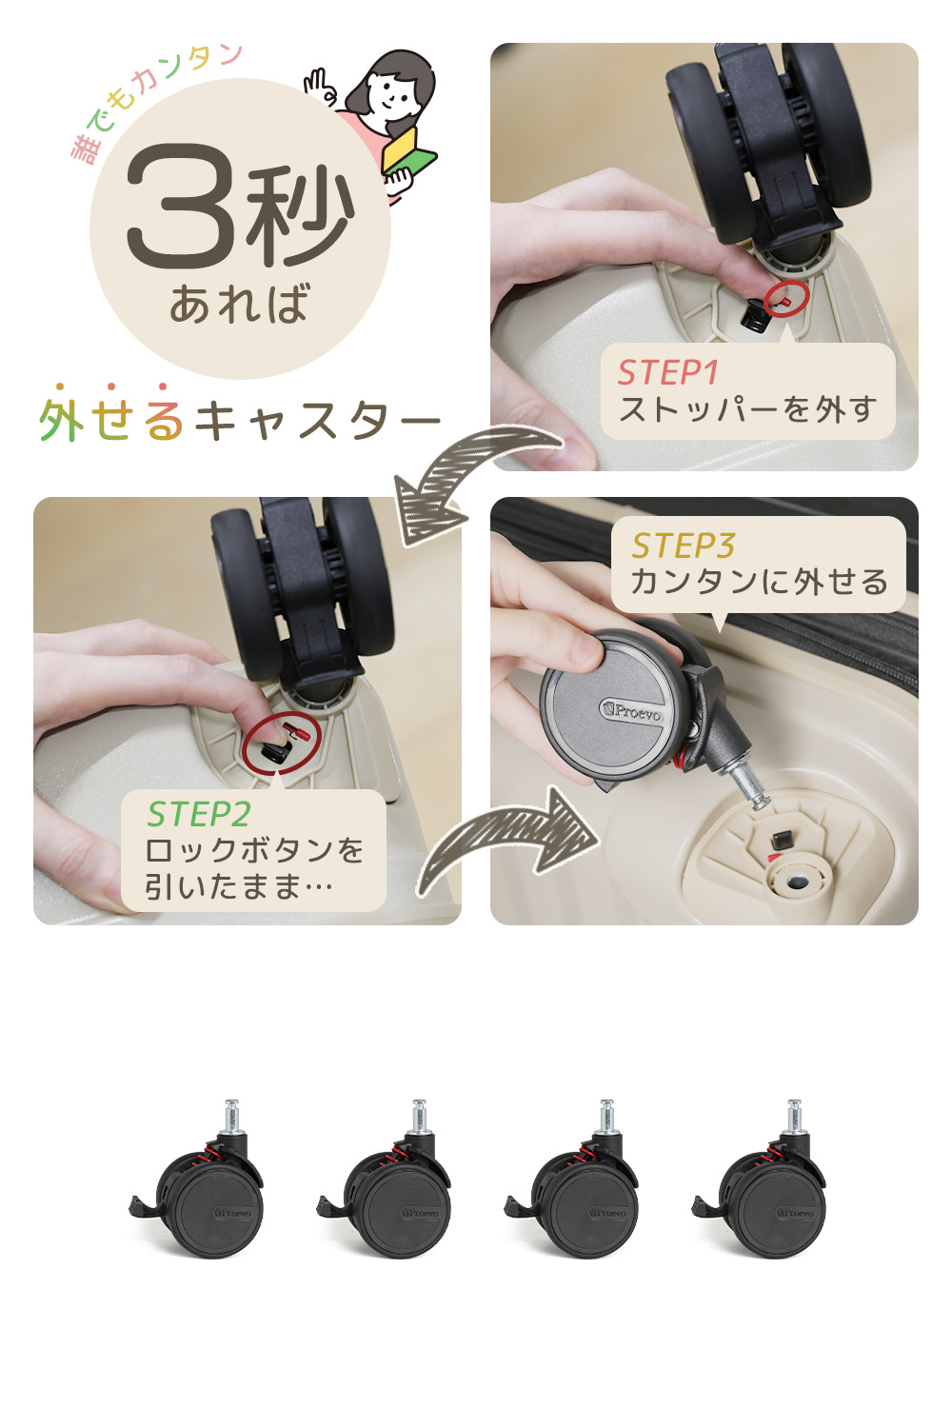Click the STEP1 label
tap(667, 372)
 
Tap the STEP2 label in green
tap(198, 814)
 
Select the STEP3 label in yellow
tap(683, 545)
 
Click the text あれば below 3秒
tap(240, 304)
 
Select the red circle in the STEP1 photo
tap(787, 298)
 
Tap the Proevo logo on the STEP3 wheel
tap(630, 710)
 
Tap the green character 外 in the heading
tap(61, 421)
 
